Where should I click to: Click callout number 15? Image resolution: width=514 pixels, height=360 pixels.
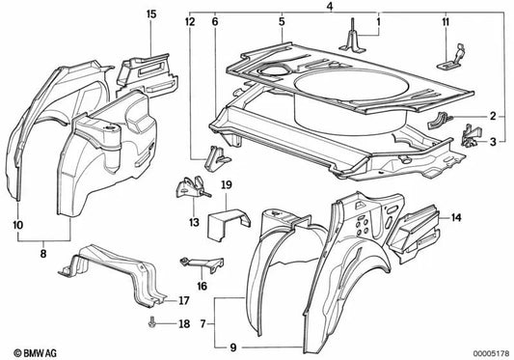(x=150, y=14)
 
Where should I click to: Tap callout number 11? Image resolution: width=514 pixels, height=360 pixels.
(x=445, y=20)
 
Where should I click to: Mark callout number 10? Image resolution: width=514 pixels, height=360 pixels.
(x=19, y=224)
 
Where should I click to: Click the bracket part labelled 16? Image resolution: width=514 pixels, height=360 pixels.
(x=199, y=264)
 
